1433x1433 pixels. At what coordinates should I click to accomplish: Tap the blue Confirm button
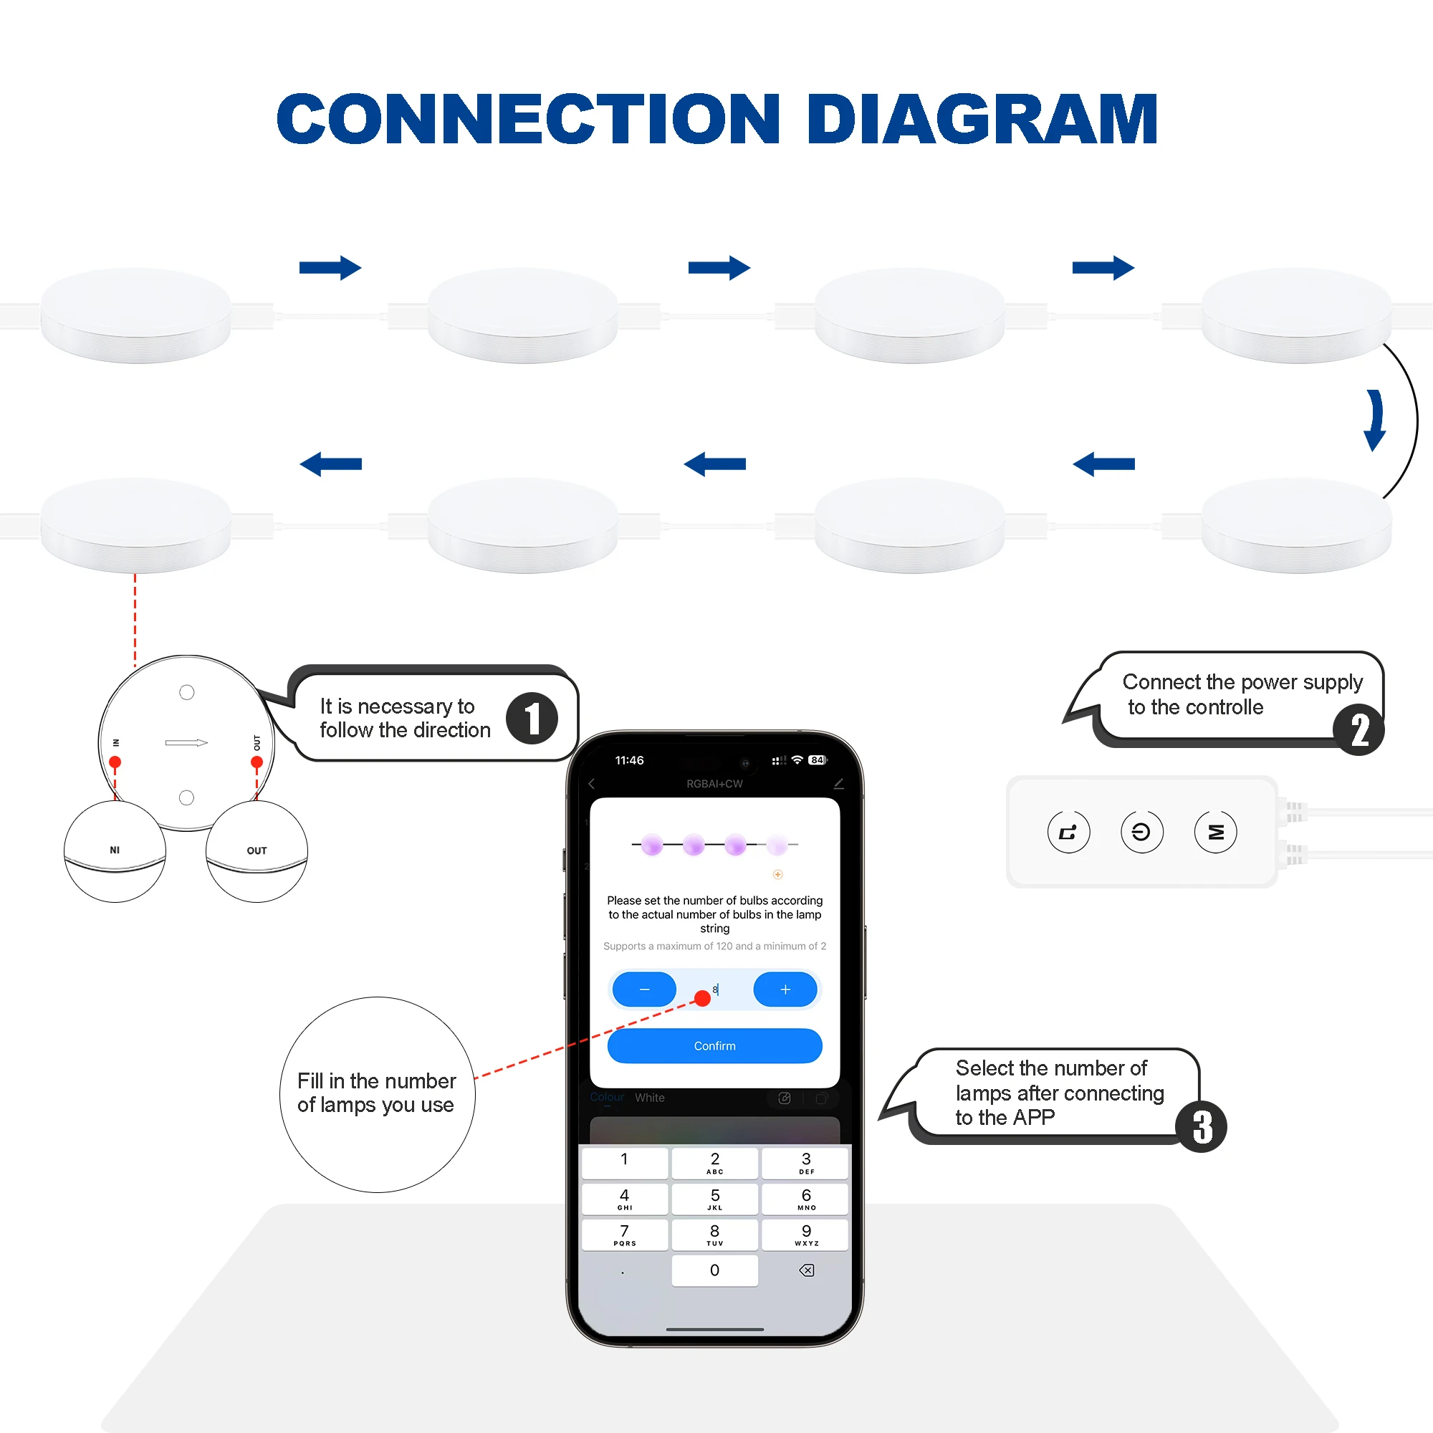714,1046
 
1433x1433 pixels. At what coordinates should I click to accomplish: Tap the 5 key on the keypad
714,1199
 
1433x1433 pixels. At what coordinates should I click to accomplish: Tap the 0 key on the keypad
714,1270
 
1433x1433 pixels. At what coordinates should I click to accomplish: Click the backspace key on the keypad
806,1270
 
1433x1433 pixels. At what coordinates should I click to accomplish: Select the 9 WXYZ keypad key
806,1235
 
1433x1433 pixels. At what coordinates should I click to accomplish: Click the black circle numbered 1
532,718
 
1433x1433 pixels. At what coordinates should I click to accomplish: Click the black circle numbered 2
1358,730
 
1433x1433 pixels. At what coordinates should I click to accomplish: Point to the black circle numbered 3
1202,1126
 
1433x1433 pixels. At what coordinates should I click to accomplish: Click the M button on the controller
1216,832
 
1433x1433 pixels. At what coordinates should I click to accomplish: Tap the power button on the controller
1141,832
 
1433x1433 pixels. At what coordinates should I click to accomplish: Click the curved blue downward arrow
1374,420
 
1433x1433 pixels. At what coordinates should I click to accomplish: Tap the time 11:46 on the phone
629,760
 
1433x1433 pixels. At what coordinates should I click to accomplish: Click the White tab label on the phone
650,1098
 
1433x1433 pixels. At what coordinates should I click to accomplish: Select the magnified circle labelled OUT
257,850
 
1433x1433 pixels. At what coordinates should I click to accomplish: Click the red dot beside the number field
701,998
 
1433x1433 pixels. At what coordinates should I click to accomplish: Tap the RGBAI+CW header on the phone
714,784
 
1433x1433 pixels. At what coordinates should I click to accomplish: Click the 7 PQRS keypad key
625,1235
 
